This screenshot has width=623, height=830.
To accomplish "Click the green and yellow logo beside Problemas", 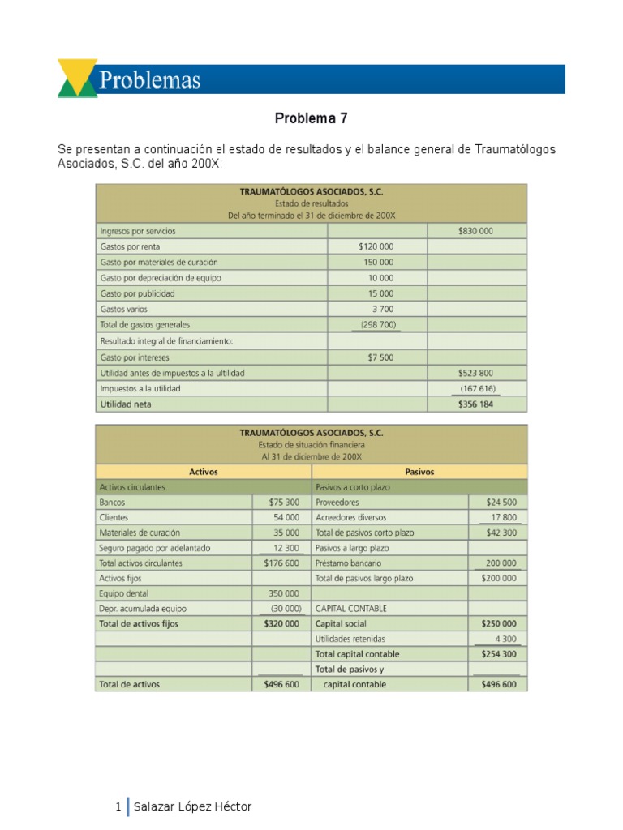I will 78,79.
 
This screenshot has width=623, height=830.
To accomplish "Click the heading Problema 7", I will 311,118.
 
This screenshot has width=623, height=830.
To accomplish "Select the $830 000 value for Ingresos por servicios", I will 475,231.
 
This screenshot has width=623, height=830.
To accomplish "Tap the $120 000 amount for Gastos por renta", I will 376,246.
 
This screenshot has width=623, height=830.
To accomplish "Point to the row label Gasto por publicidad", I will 137,293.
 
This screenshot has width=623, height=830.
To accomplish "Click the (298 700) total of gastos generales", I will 377,325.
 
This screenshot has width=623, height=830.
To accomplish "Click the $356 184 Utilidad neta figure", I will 476,404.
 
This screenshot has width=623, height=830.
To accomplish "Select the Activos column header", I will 203,472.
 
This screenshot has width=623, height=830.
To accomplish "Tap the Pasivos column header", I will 419,472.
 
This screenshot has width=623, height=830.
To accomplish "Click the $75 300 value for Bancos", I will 283,503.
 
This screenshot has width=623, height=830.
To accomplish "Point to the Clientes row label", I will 114,518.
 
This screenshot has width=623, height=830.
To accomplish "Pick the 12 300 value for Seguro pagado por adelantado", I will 286,549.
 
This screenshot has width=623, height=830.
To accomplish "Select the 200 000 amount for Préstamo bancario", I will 501,563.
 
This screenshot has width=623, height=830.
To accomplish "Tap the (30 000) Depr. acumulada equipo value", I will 286,610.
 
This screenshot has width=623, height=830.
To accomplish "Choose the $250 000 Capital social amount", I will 498,625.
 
